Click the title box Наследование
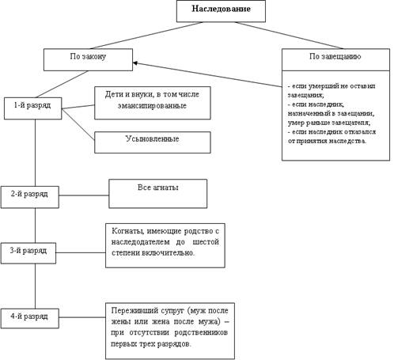click(221, 11)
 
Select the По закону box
click(88, 59)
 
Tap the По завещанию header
click(335, 56)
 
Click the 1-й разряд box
click(32, 108)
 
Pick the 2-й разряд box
click(30, 197)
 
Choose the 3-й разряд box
click(28, 253)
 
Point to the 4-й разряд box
click(30, 319)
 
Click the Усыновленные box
click(153, 142)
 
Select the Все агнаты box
click(158, 194)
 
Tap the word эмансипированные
click(152, 106)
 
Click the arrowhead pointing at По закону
click(134, 63)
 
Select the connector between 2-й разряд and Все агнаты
click(84, 195)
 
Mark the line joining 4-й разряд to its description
click(82, 317)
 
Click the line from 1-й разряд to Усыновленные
click(78, 124)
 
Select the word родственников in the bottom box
click(201, 332)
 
